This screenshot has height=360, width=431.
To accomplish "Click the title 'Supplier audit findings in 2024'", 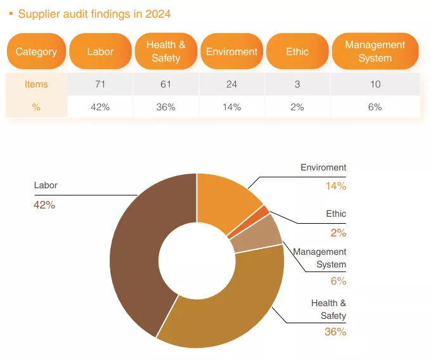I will (94, 13).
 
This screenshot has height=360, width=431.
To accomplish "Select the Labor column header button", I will (100, 51).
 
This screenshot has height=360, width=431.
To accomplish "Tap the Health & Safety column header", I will (166, 51).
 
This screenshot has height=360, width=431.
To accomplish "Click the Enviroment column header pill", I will (231, 51).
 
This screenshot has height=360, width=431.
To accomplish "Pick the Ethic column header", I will (297, 51).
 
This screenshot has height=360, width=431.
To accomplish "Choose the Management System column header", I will (375, 51).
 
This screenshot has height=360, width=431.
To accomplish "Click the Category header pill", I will (36, 51).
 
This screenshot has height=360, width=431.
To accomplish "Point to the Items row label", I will (36, 84).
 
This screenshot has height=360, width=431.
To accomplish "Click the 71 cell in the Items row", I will (100, 84).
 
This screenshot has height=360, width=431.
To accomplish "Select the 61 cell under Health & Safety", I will (166, 84).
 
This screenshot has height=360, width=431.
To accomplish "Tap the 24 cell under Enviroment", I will (231, 84).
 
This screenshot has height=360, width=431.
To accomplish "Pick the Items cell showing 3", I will (297, 84).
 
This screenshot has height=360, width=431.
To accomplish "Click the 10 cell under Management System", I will (375, 84).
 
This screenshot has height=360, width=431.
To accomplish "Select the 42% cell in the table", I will (100, 107).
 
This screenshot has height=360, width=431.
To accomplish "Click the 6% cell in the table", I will (375, 107).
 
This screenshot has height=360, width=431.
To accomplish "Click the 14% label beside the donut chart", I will (336, 186).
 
